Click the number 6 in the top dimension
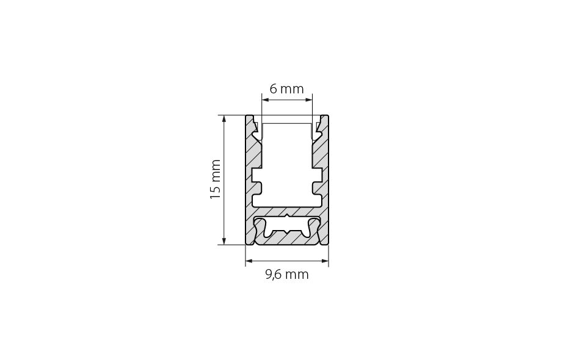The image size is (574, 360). [x=273, y=89]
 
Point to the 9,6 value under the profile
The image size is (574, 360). [x=273, y=275]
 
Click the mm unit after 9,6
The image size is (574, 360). [x=297, y=275]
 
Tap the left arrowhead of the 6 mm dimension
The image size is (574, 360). [x=266, y=99]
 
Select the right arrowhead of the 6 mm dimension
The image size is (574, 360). [x=309, y=99]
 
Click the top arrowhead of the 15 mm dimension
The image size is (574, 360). [x=224, y=119]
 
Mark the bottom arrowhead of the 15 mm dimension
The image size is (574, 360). [x=224, y=241]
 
